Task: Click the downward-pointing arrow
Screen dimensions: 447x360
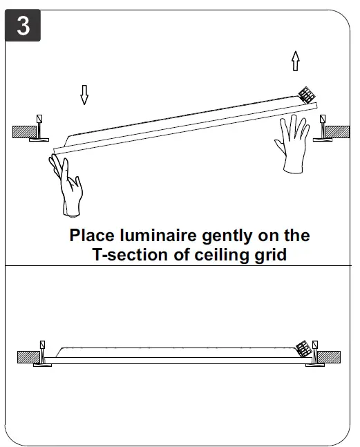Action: tap(84, 95)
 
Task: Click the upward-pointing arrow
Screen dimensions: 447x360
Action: tap(296, 62)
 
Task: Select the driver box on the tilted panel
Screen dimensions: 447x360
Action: tap(305, 96)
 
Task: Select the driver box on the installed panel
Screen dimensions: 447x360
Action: tap(302, 349)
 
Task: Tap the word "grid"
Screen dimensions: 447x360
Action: tap(269, 255)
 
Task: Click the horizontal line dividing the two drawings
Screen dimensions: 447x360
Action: tap(180, 266)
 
